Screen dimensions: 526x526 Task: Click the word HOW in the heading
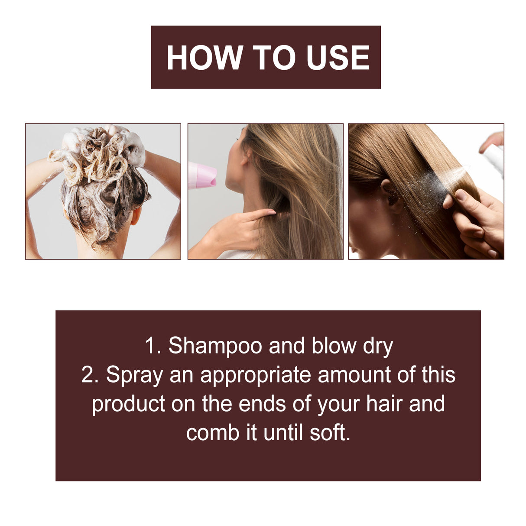[x=205, y=58]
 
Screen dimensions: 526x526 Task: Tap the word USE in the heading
[x=338, y=58]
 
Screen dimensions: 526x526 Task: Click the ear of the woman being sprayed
[x=388, y=193]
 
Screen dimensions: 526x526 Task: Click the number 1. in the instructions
[x=153, y=346]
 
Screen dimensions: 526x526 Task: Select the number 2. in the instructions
[x=90, y=375]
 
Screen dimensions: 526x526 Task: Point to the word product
[x=128, y=404]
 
